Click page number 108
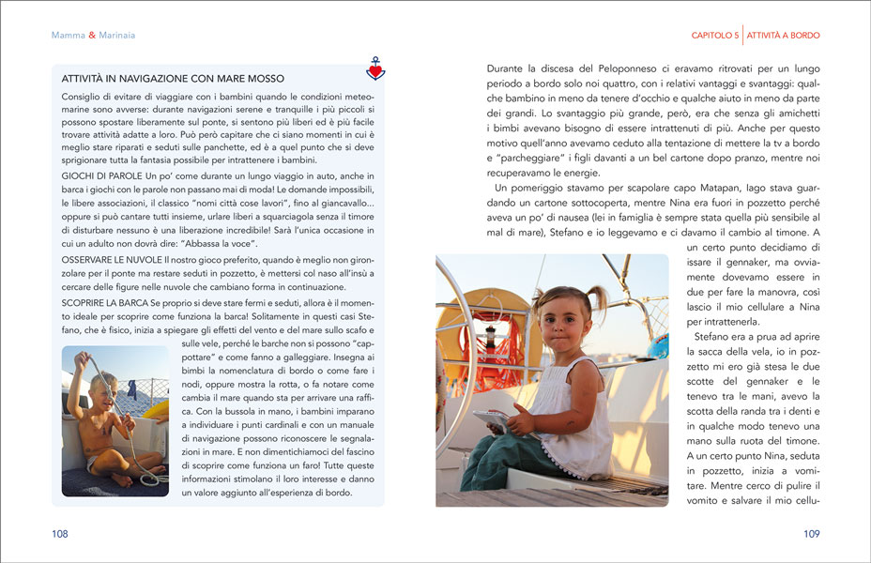60,534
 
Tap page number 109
812,534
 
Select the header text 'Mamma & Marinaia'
93,36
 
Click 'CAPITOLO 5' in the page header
715,36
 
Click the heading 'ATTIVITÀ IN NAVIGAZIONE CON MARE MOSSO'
173,79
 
